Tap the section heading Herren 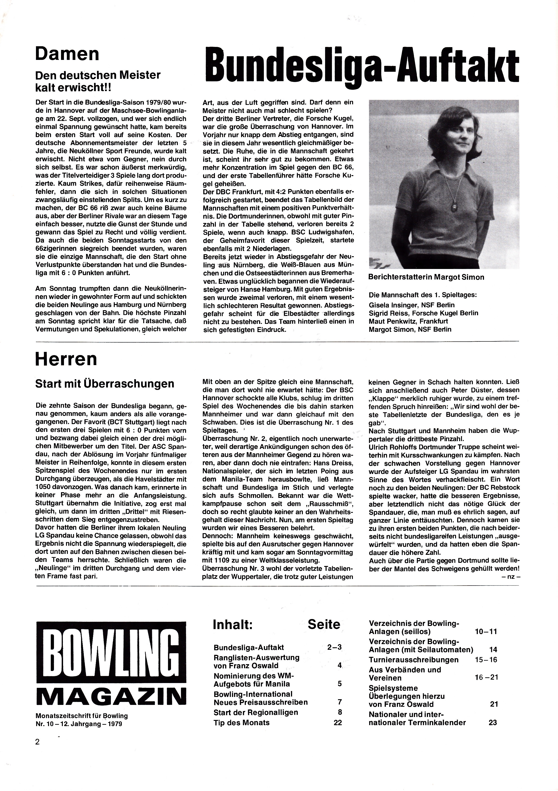tap(66, 360)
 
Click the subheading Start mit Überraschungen tap(105, 384)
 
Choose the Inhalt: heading tap(233, 625)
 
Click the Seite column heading tap(324, 625)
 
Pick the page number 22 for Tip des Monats tap(338, 722)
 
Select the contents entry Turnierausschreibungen tap(413, 660)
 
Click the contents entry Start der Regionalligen tap(256, 712)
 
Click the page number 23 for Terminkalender tap(493, 722)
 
